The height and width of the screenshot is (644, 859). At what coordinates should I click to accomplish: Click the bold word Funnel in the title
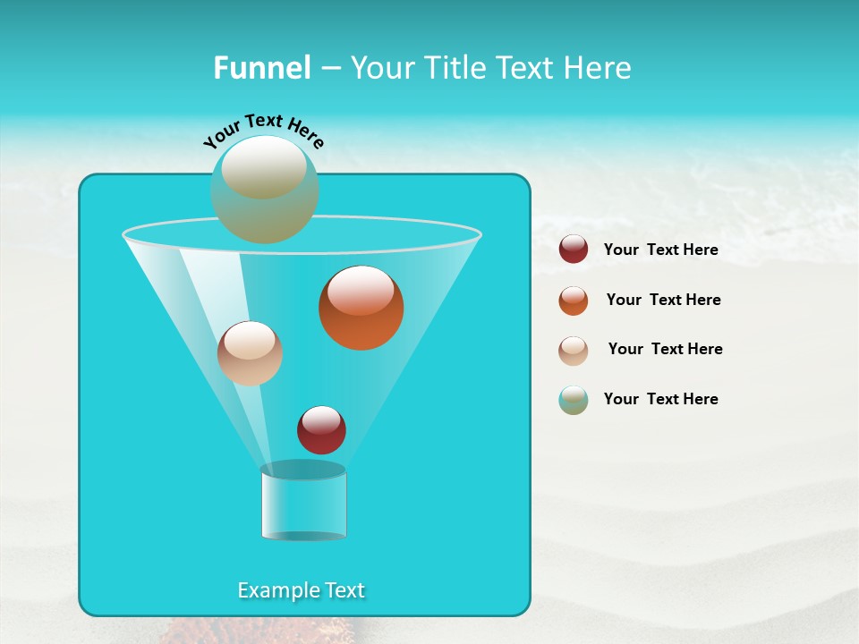point(262,68)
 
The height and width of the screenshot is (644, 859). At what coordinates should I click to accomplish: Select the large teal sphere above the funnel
point(265,190)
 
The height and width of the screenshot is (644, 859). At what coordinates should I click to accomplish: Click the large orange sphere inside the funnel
point(361,309)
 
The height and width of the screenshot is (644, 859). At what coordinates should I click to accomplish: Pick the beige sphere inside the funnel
point(250,353)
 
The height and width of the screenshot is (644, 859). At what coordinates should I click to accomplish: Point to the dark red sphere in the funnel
point(321,430)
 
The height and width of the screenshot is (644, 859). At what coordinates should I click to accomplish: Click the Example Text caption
point(302,590)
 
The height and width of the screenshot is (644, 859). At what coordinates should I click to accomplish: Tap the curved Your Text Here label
point(263,131)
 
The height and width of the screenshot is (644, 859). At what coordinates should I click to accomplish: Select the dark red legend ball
point(574,249)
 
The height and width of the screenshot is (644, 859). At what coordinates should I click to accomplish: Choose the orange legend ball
point(574,301)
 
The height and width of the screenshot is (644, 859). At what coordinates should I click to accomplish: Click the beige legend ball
point(574,351)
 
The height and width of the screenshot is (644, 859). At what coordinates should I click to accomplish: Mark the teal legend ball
point(574,400)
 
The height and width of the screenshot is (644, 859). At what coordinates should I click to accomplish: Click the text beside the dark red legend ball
point(661,250)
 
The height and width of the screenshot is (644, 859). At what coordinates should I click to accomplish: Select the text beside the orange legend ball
point(663,300)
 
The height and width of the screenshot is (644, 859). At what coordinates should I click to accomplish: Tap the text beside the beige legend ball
point(665,349)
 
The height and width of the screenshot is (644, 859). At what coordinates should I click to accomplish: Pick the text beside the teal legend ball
point(661,399)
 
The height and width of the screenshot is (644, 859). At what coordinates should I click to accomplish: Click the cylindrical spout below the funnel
point(303,503)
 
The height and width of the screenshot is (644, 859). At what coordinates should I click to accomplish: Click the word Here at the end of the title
point(599,68)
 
